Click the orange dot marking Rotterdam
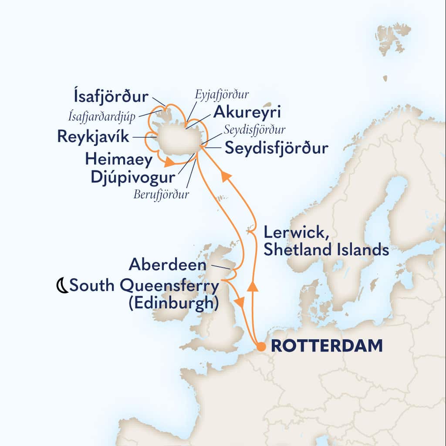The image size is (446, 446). click(261, 347)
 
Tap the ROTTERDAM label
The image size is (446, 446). click(327, 346)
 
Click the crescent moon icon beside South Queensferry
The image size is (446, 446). click(63, 286)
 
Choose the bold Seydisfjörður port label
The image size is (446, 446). click(277, 149)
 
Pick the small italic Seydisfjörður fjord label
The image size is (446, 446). click(255, 130)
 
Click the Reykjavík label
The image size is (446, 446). click(93, 138)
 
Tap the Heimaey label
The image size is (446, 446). click(118, 159)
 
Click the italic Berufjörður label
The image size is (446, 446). click(162, 194)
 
